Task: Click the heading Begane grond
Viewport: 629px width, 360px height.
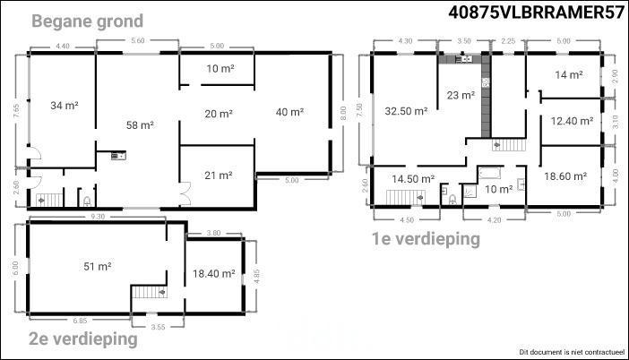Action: (87, 21)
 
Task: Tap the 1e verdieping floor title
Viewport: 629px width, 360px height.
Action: (426, 239)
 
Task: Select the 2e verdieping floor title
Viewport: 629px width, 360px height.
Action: (83, 339)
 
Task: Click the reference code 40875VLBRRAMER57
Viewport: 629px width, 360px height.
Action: (537, 12)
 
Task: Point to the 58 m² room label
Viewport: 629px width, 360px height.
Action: (140, 125)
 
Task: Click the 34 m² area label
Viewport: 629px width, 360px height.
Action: (65, 106)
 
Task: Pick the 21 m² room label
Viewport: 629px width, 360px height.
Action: (219, 176)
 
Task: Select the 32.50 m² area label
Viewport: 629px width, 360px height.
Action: (406, 111)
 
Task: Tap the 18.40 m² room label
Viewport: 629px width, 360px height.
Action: (214, 274)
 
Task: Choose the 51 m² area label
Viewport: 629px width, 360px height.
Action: (98, 266)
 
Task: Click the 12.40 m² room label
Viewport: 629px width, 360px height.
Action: (572, 121)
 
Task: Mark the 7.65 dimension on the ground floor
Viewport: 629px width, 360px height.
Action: (16, 111)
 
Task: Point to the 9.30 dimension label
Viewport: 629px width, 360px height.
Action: (98, 217)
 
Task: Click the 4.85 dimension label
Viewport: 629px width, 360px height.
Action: (257, 276)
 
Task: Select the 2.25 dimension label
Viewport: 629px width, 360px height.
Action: (508, 41)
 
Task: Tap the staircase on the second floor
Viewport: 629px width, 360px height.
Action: (150, 291)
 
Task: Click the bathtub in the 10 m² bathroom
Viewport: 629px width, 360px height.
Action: (489, 173)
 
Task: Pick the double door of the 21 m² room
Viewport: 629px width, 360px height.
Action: (185, 193)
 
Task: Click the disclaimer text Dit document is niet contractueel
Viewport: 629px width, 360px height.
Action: (572, 352)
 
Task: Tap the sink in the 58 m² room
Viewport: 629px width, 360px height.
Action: (118, 156)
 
